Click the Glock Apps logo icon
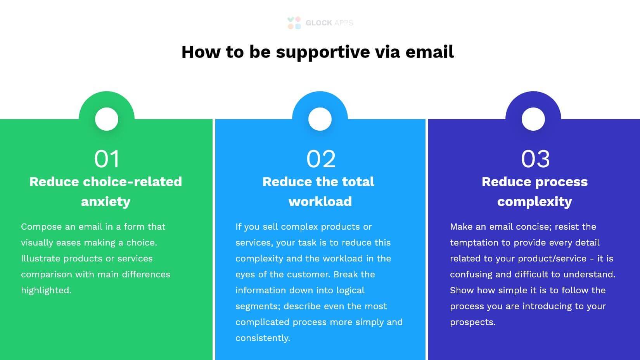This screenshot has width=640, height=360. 294,23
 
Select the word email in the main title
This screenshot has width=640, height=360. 429,52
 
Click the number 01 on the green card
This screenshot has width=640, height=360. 107,159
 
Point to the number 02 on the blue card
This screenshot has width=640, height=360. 321,159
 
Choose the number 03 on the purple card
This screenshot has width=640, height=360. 535,159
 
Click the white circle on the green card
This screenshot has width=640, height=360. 107,119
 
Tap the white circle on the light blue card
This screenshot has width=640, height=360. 320,119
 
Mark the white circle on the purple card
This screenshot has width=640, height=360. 533,119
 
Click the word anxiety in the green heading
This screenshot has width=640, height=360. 106,202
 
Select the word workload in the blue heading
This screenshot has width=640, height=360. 320,202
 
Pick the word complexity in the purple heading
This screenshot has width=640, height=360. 534,202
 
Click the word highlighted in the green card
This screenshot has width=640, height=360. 46,291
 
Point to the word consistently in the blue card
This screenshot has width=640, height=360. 262,338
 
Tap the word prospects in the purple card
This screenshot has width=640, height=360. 472,322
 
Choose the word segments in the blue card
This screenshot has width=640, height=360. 257,306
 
